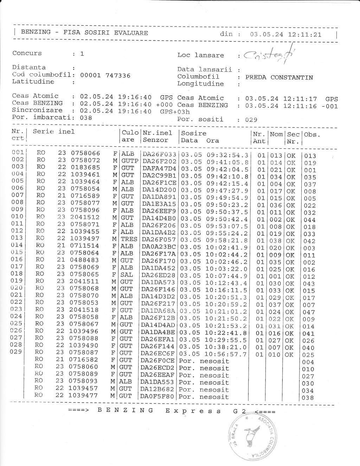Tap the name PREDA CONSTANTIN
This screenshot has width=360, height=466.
(279, 77)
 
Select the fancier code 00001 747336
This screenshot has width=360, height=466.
(105, 75)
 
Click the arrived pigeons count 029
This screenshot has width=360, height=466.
(251, 120)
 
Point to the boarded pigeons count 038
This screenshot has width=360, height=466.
(86, 117)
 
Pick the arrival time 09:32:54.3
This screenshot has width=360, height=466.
(227, 155)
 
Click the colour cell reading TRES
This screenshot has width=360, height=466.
(129, 239)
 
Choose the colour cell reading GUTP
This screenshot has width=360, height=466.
(129, 161)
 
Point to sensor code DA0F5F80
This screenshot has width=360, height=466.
(157, 397)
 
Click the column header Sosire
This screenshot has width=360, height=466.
(194, 133)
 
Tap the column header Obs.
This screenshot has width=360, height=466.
(312, 134)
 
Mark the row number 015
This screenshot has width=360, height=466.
(17, 252)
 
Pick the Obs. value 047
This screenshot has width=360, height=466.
(310, 312)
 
